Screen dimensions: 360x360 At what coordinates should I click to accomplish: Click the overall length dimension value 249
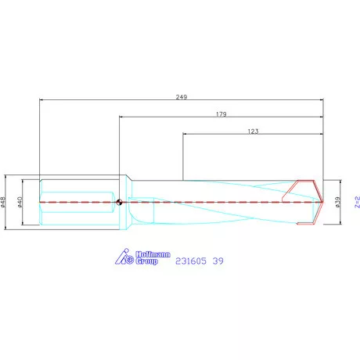click(182, 95)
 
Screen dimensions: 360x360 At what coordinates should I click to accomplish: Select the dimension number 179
click(221, 114)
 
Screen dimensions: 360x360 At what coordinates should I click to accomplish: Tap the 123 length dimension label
click(252, 132)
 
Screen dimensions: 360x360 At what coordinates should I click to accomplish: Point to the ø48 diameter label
click(3, 202)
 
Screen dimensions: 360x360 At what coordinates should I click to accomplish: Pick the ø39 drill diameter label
click(337, 202)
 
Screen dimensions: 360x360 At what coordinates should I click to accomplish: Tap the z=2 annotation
click(356, 202)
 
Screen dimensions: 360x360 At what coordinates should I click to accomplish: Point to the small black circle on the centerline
click(117, 203)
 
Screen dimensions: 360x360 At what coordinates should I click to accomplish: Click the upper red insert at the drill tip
click(301, 188)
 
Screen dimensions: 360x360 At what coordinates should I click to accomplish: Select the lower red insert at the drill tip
click(307, 218)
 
